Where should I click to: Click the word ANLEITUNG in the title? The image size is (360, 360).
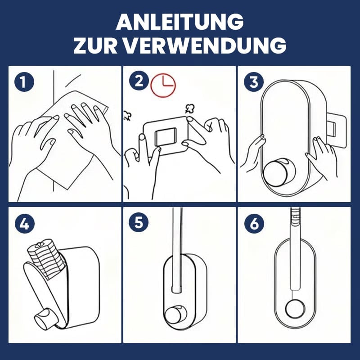[x=180, y=22]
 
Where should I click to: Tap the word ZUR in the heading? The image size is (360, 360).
[x=95, y=45]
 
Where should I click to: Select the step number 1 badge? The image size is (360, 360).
[x=24, y=82]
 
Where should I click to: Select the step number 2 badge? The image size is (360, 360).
[x=139, y=81]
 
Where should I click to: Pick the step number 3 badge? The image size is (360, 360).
[x=254, y=82]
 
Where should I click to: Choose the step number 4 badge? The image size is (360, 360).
[x=25, y=224]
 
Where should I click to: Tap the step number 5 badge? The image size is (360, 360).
[x=139, y=222]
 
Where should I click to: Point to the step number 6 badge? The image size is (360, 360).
[x=254, y=223]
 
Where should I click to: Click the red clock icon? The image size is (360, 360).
[x=163, y=85]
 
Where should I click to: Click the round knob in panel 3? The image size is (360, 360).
[x=277, y=171]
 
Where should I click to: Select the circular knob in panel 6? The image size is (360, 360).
[x=295, y=309]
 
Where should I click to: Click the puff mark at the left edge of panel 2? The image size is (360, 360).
[x=127, y=116]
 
